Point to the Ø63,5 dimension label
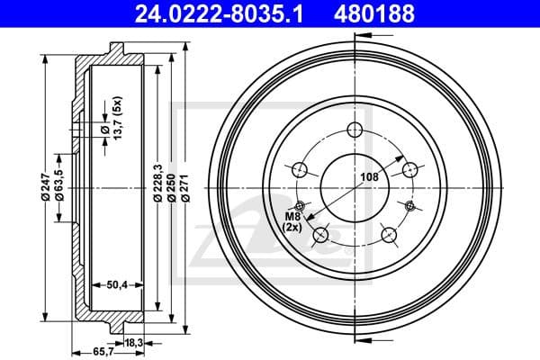(x=59, y=189)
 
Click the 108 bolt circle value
(x=369, y=178)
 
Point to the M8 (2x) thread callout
(x=292, y=221)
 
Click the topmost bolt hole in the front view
(x=355, y=130)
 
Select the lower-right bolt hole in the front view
(x=390, y=236)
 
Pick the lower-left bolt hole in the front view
(x=320, y=236)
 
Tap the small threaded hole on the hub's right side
(x=411, y=206)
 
